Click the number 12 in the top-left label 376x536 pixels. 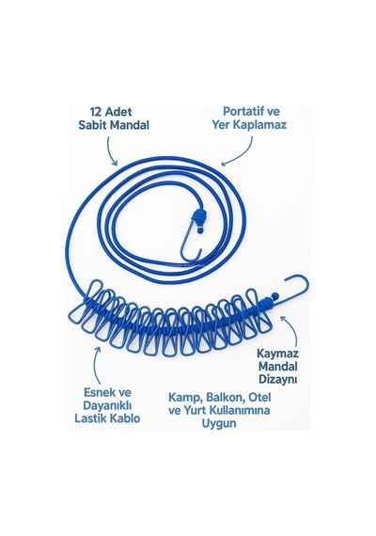click(x=97, y=112)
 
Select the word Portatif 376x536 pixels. click(x=242, y=111)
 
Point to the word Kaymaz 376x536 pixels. click(x=277, y=354)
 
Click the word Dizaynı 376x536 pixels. click(x=277, y=379)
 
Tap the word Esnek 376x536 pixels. click(x=98, y=392)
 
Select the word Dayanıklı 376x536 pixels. click(x=107, y=405)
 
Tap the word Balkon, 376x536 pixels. click(x=226, y=398)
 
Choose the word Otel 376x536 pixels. click(x=259, y=397)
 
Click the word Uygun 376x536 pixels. click(x=219, y=423)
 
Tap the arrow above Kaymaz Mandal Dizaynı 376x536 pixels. click(x=292, y=329)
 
